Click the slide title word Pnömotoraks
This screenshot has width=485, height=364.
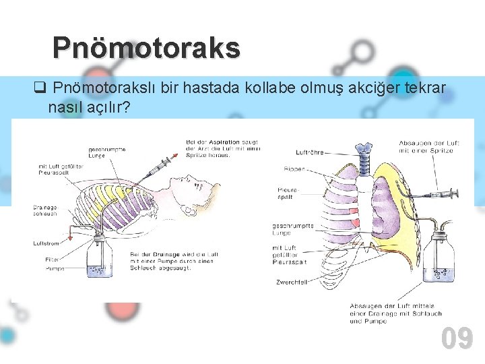tap(146, 48)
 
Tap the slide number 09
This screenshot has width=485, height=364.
tap(457, 338)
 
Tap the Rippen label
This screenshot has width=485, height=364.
tap(296, 169)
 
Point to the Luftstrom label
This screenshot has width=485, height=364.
tap(45, 243)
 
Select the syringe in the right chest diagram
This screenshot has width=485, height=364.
tap(442, 194)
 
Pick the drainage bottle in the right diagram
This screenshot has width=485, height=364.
tap(443, 259)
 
